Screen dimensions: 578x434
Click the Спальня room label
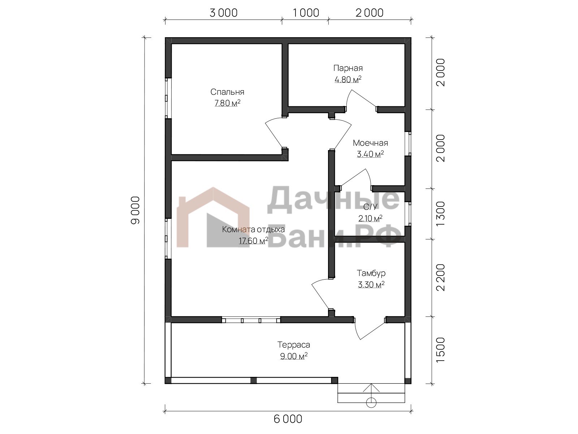click(227, 92)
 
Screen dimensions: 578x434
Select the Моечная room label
click(370, 143)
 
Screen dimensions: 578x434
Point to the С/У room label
click(370, 207)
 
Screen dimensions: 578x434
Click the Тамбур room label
click(371, 273)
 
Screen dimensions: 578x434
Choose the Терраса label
click(294, 345)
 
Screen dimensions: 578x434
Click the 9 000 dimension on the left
click(135, 210)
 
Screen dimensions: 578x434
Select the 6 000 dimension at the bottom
click(288, 419)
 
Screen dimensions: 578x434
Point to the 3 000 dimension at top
click(223, 13)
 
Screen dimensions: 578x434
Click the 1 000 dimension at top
click(306, 13)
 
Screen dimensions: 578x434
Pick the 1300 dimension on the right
click(440, 214)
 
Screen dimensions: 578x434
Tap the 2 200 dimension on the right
click(440, 277)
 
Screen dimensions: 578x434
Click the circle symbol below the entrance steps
click(371, 403)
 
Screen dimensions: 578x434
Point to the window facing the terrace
click(251, 320)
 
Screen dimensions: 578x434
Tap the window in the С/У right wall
click(408, 214)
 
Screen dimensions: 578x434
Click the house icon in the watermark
click(213, 217)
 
